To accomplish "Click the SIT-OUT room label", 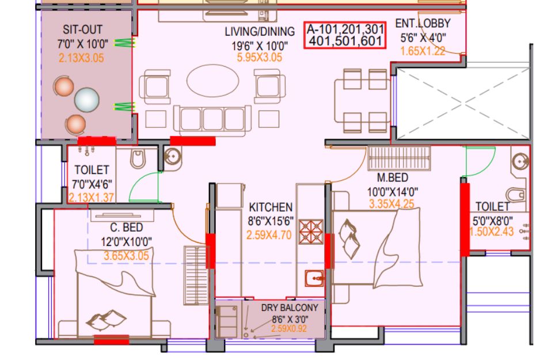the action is click(x=82, y=29).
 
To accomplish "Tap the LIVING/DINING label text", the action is click(x=260, y=32).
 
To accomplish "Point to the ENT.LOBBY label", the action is click(x=423, y=23).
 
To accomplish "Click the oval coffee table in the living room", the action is click(x=212, y=81).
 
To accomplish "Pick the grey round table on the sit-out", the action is click(x=87, y=100).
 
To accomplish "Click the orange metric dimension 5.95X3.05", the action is click(x=259, y=57).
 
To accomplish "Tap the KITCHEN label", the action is click(x=271, y=207).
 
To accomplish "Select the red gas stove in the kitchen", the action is click(x=311, y=232).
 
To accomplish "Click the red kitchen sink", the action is click(x=314, y=279).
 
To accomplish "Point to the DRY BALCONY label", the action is click(x=290, y=308).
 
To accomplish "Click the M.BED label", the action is click(x=393, y=177).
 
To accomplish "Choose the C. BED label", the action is click(x=127, y=228).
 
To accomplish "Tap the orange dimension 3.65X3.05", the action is click(x=126, y=256).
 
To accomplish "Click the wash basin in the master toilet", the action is click(x=520, y=161).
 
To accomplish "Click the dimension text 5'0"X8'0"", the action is click(x=492, y=221).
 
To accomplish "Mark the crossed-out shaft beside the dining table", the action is click(x=463, y=103).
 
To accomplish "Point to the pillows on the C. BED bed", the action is click(x=107, y=320).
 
